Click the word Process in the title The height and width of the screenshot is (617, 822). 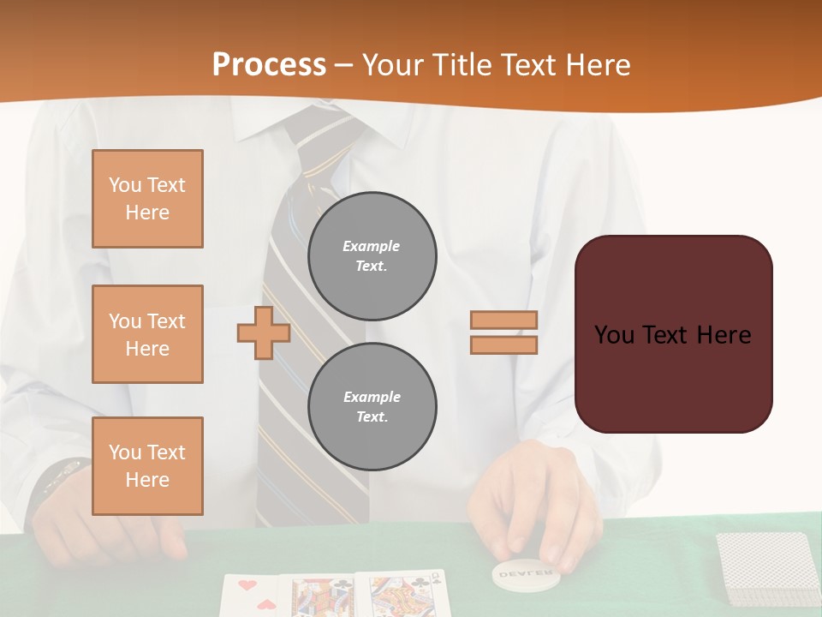(269, 64)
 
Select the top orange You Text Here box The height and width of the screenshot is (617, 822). (147, 199)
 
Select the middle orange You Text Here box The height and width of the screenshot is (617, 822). (147, 334)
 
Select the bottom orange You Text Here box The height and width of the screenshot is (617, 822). (147, 466)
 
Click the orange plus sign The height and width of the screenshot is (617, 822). (264, 332)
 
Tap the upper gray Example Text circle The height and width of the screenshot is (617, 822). (372, 256)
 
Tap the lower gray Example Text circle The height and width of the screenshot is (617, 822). (372, 407)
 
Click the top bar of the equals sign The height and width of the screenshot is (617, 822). (504, 320)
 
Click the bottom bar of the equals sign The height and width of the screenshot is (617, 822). (504, 345)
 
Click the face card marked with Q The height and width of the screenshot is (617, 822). (402, 595)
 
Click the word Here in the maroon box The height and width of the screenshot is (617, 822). (724, 335)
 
